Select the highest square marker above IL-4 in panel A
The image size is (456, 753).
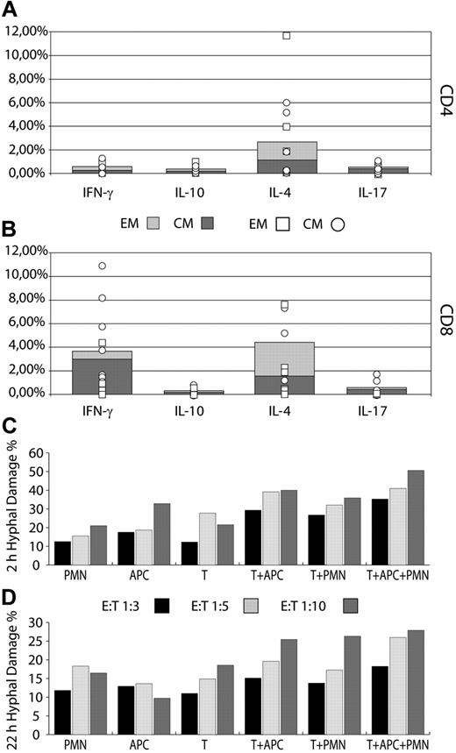tap(286, 36)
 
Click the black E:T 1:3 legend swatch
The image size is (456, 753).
tap(162, 606)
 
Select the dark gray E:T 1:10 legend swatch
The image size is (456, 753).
tap(369, 606)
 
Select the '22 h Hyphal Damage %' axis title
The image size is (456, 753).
tap(11, 675)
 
